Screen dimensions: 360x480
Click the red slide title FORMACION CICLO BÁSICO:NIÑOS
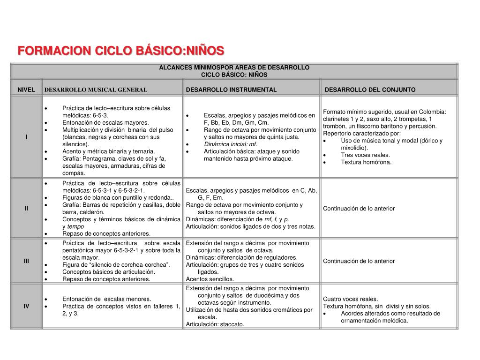(121, 51)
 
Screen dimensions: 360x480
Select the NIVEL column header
(26, 90)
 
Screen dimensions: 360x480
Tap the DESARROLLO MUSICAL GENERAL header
(96, 90)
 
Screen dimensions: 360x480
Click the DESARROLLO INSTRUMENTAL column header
(231, 90)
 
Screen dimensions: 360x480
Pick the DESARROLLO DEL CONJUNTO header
(370, 90)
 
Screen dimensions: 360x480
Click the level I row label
(26, 137)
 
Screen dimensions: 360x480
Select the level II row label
(26, 209)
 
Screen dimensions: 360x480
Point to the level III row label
(26, 261)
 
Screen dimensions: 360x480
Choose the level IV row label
(26, 306)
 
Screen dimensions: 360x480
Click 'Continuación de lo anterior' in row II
(359, 209)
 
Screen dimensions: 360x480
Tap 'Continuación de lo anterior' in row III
(359, 261)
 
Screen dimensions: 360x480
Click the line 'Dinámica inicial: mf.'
(230, 144)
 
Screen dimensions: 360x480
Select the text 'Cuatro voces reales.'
(350, 299)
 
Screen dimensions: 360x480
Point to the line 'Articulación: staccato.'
(215, 324)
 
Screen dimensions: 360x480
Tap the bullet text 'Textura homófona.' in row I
(366, 162)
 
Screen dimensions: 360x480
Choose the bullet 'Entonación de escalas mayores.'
(105, 122)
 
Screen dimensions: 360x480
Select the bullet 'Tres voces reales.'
(365, 155)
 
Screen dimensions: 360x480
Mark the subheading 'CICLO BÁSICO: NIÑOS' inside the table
(234, 75)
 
